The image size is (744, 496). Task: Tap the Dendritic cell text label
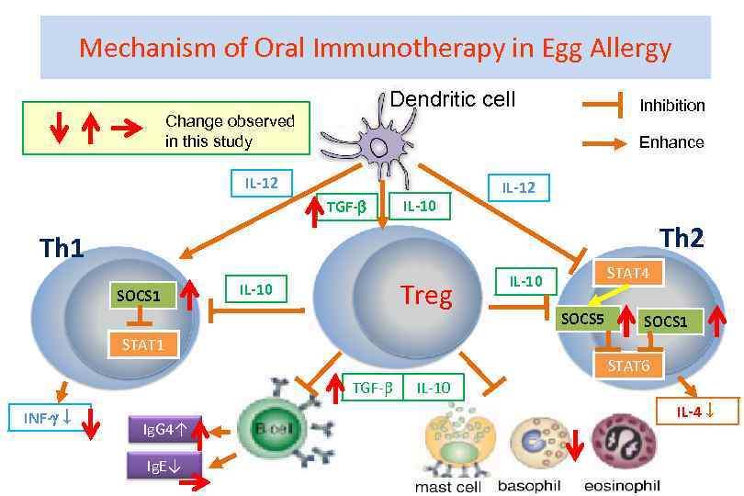pos(453,99)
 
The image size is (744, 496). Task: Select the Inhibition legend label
pos(672,106)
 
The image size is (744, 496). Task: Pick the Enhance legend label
pos(671,142)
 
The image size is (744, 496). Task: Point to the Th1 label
pos(62,248)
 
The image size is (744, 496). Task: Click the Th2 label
pos(682,239)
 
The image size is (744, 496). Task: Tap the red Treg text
pos(426,296)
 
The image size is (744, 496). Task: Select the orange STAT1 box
pos(141,344)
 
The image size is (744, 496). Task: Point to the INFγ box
pos(40,419)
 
